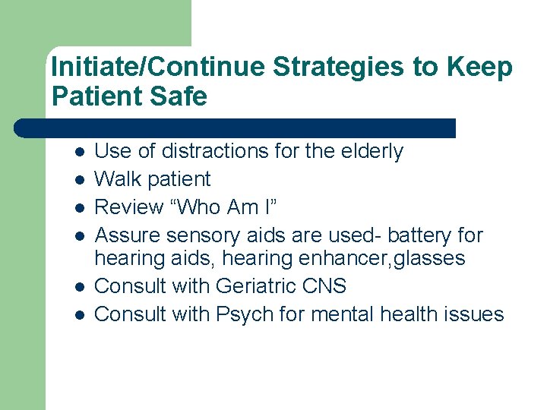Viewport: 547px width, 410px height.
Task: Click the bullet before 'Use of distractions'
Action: coord(79,152)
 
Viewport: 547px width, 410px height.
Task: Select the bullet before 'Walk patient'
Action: coord(79,180)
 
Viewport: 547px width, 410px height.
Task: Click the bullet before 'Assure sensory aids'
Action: coord(79,235)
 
